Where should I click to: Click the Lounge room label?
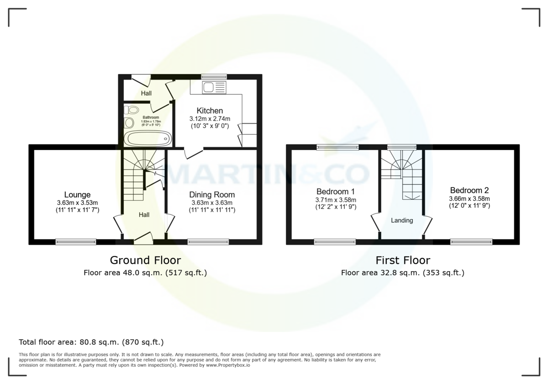[x=77, y=194]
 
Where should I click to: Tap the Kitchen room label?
[x=210, y=111]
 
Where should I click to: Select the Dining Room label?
[x=212, y=194]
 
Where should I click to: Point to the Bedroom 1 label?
[x=336, y=191]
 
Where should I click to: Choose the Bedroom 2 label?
[x=469, y=190]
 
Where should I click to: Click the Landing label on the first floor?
[x=402, y=220]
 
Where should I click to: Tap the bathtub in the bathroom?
[x=148, y=139]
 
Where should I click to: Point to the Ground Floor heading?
[x=145, y=260]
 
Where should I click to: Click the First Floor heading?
[x=403, y=260]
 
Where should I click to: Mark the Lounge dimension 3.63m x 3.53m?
[x=77, y=203]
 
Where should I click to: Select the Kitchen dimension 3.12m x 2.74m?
[x=210, y=118]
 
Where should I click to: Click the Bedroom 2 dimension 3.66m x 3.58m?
[x=469, y=198]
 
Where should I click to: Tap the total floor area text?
[x=91, y=341]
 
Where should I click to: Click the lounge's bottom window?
[x=76, y=242]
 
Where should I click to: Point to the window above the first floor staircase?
[x=401, y=147]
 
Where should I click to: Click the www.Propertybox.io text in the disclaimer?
[x=227, y=365]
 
